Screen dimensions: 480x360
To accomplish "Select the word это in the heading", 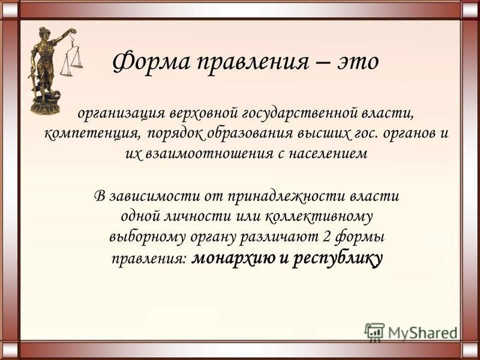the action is pos(358,63).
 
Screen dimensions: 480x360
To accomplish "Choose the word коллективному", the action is pos(319,217).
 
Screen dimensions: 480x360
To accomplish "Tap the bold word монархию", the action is pos(233,259).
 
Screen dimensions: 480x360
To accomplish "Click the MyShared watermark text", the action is pos(423,332).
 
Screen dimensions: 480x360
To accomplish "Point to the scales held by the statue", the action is pos(71,55).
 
